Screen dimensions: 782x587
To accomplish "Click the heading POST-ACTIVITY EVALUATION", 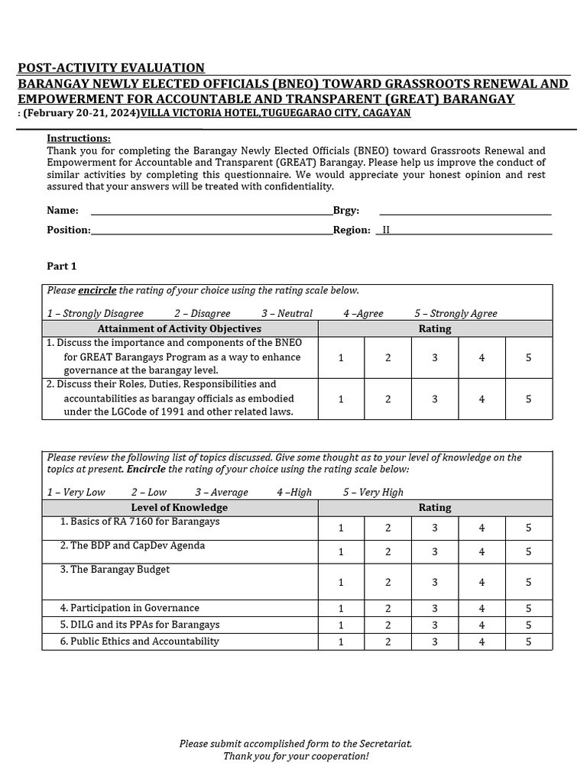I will tap(111, 68).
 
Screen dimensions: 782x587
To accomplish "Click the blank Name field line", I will tap(211, 211).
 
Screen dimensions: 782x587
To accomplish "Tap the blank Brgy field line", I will tap(465, 211).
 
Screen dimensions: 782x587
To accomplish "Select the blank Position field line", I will tap(211, 230).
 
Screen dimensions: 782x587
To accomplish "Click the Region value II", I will tap(386, 230).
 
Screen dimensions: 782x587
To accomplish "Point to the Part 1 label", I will tap(62, 267).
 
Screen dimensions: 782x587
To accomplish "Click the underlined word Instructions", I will tap(79, 138).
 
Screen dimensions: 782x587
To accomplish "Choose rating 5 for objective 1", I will tap(528, 357).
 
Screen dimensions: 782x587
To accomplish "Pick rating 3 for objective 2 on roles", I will tap(435, 399).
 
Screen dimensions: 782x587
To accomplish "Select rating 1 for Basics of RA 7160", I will tap(341, 528).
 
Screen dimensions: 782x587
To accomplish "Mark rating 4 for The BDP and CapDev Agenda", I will tap(482, 551).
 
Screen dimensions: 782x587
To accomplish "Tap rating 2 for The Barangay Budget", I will tap(388, 582).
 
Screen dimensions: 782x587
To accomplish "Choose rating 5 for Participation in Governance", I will tap(528, 609).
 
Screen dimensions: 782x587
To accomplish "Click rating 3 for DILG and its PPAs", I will tap(435, 625).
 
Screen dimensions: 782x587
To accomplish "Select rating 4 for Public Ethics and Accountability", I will tap(482, 642).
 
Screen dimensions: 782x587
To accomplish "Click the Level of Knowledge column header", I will tap(180, 507).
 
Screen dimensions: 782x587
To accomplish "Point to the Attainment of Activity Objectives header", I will tap(180, 328).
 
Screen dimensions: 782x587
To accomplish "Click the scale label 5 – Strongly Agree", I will tap(456, 313).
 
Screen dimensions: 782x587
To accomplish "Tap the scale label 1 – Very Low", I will tap(76, 492).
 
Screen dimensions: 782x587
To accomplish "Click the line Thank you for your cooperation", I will tap(296, 756).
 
